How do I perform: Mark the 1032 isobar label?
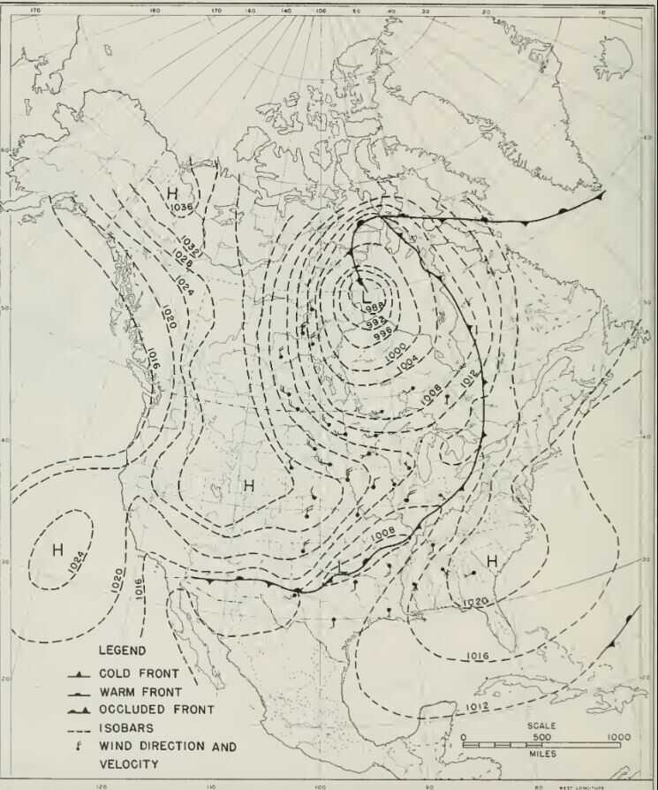(x=190, y=245)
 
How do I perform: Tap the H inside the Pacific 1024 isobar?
(x=57, y=550)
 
